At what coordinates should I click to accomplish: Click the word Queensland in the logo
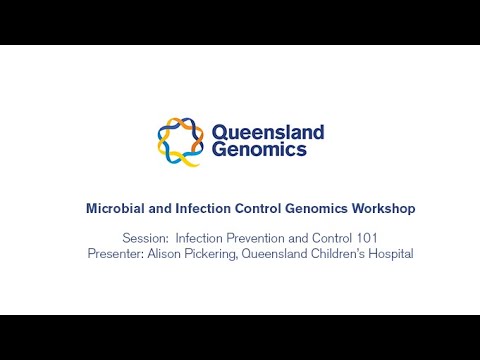(267, 132)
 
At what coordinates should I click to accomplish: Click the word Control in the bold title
(255, 209)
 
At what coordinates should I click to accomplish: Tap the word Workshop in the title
(386, 209)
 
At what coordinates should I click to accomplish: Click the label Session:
(145, 238)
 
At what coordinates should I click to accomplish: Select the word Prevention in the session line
(257, 238)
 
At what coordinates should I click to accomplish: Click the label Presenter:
(117, 254)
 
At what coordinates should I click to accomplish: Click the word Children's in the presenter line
(343, 254)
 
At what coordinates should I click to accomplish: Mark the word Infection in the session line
(199, 238)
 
